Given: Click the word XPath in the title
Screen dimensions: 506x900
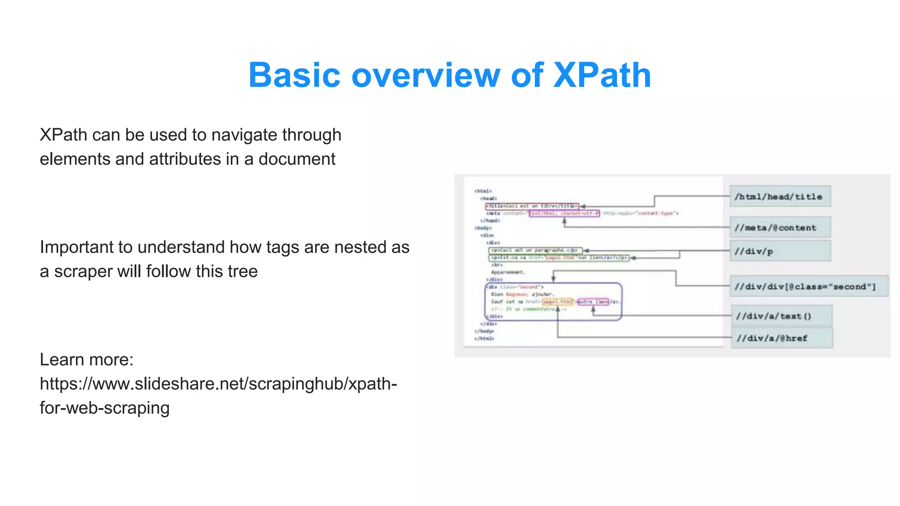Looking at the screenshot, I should (602, 75).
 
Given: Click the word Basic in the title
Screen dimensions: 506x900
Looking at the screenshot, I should (294, 75).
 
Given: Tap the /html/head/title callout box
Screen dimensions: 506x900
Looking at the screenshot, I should (780, 196).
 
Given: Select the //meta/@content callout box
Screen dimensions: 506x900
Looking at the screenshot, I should (780, 228).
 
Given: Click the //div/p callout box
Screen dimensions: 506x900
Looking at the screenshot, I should (780, 251).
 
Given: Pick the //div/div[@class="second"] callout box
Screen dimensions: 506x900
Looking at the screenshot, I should (809, 286).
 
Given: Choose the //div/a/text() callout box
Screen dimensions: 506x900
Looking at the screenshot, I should (781, 316).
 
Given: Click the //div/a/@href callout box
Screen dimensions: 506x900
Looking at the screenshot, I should (781, 338).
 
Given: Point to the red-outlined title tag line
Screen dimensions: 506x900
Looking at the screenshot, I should (532, 206).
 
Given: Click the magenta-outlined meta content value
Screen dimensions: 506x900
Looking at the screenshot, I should (564, 213).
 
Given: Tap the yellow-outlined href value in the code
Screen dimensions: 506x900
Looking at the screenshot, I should (557, 302).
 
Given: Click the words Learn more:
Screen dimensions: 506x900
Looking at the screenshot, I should (87, 360).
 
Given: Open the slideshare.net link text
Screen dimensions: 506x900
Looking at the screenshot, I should (218, 384).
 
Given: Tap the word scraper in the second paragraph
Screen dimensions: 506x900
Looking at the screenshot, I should (83, 271).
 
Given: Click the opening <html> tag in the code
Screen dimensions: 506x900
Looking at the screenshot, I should (483, 191).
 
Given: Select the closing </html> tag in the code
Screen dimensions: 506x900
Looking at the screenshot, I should (484, 339).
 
